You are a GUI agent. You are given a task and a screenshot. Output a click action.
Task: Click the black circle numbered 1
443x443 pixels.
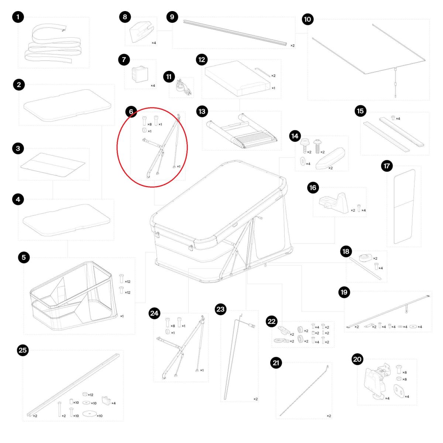pyautogui.click(x=18, y=17)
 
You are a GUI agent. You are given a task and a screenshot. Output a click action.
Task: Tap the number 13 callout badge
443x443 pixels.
pyautogui.click(x=202, y=111)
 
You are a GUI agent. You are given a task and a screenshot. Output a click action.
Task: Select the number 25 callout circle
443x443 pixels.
pyautogui.click(x=23, y=350)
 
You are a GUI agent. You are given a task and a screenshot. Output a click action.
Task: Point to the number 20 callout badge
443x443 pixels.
pyautogui.click(x=357, y=359)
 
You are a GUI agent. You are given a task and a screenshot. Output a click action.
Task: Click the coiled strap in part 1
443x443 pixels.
pyautogui.click(x=52, y=44)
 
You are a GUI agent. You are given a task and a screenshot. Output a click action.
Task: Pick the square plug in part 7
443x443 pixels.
pyautogui.click(x=140, y=74)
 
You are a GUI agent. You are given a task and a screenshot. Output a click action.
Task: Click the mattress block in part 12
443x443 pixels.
pyautogui.click(x=237, y=78)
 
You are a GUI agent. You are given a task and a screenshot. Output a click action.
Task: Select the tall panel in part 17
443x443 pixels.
pyautogui.click(x=404, y=206)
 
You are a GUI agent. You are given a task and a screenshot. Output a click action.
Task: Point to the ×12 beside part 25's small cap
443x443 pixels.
pyautogui.click(x=90, y=395)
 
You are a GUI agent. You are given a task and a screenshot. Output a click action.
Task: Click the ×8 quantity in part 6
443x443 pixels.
pyautogui.click(x=150, y=124)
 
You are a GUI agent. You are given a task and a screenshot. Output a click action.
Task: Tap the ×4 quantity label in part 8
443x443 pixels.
pyautogui.click(x=154, y=43)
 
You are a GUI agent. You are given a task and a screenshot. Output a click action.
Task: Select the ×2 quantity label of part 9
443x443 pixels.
pyautogui.click(x=292, y=45)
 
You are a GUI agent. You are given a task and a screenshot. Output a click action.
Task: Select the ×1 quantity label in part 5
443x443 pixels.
pyautogui.click(x=122, y=316)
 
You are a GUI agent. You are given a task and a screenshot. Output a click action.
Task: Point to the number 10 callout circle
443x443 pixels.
pyautogui.click(x=308, y=19)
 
